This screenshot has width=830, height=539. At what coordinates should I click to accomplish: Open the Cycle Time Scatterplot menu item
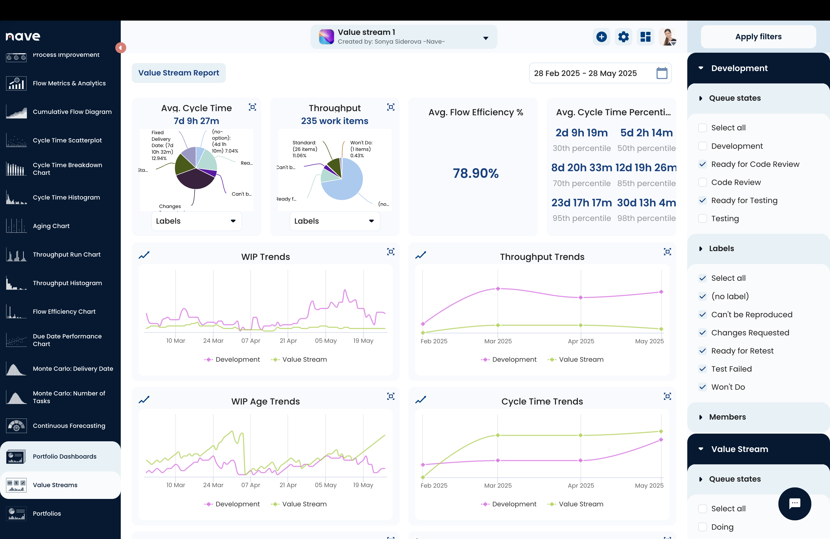[x=67, y=140]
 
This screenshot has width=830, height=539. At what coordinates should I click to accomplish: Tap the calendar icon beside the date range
[x=661, y=73]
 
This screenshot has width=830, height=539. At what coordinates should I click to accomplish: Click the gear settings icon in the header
[x=623, y=37]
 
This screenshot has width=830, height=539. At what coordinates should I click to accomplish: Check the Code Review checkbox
[x=703, y=182]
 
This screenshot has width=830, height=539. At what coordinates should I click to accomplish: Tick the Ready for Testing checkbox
[x=703, y=200]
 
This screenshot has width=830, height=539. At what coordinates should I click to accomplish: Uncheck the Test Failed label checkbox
[x=703, y=369]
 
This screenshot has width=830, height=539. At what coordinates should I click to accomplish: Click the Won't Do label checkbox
[x=703, y=387]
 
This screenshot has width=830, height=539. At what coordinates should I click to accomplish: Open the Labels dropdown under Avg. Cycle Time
[x=196, y=221]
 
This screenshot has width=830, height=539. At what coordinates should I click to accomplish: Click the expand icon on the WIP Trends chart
[x=391, y=252]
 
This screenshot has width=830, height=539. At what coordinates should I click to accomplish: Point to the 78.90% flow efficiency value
[x=476, y=173]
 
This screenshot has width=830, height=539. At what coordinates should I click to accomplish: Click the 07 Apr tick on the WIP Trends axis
[x=251, y=341]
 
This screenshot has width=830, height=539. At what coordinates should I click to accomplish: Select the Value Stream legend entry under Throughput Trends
[x=576, y=360]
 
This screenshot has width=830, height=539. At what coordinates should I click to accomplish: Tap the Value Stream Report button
[x=179, y=73]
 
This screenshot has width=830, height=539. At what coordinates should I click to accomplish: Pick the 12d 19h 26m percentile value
[x=646, y=168]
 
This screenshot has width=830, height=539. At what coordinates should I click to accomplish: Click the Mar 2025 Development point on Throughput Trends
[x=498, y=289]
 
